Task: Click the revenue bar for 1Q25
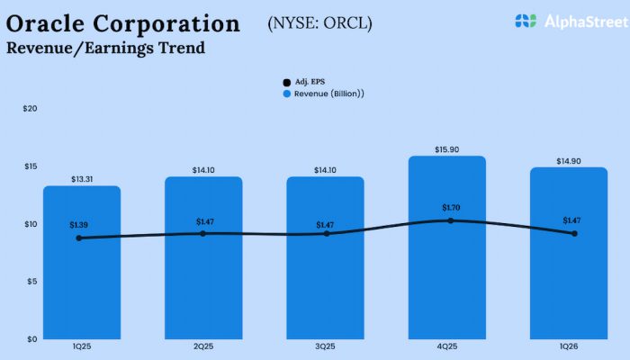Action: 82,270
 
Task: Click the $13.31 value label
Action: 82,179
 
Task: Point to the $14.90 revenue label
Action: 568,161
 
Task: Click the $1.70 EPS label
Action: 450,208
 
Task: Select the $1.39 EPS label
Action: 80,224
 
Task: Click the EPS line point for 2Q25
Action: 202,233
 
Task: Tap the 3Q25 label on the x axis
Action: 325,346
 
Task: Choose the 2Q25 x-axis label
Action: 203,346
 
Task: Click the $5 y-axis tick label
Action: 31,282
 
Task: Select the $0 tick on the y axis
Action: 31,339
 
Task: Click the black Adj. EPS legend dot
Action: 287,82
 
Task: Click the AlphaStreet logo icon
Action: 526,20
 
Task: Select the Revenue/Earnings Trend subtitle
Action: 105,48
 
